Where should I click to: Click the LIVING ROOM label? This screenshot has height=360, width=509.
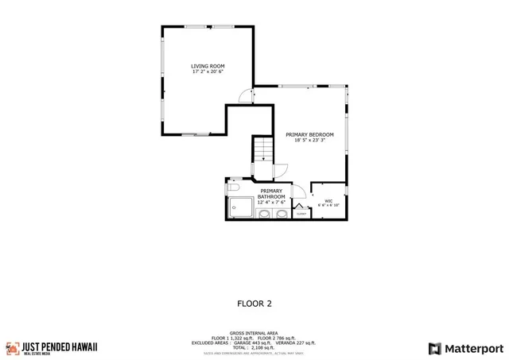tap(208, 65)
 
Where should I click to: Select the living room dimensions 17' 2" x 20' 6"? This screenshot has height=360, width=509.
tap(208, 72)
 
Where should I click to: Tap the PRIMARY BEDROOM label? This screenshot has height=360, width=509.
tap(309, 134)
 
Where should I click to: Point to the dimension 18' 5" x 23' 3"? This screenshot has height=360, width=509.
tap(309, 141)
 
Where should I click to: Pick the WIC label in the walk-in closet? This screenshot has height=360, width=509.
tap(328, 200)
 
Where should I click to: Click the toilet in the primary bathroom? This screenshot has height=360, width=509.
tap(233, 188)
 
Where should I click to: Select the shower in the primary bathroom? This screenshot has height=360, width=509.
tap(240, 208)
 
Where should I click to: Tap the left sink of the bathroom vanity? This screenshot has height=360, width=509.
tap(264, 213)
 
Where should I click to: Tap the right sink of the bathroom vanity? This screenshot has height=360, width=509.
tap(282, 213)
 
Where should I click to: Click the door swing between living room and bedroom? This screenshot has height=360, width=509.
tap(247, 95)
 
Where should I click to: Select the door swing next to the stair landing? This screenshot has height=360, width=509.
tap(279, 169)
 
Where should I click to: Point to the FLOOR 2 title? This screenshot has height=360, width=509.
tap(254, 303)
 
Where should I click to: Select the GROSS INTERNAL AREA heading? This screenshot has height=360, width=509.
tap(254, 334)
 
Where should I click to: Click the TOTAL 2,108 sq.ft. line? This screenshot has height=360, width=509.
tap(254, 348)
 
